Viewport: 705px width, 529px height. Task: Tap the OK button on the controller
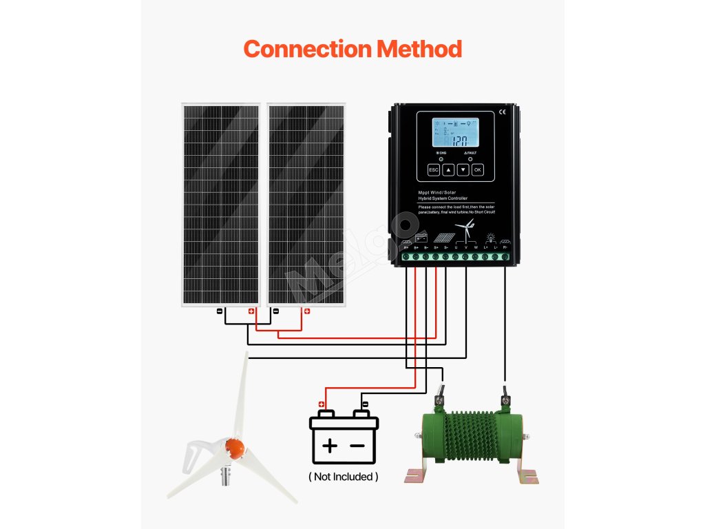477,169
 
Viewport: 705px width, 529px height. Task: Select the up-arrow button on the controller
448,169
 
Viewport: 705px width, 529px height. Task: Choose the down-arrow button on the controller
463,169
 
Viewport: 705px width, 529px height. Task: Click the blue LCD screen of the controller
455,133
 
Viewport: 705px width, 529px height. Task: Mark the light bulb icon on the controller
492,237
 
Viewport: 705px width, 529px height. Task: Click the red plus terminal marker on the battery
321,404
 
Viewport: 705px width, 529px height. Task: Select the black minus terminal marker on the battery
365,404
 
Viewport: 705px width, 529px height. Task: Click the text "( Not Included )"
343,477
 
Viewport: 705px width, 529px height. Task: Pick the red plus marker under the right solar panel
307,311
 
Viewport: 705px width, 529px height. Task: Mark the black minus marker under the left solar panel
219,311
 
